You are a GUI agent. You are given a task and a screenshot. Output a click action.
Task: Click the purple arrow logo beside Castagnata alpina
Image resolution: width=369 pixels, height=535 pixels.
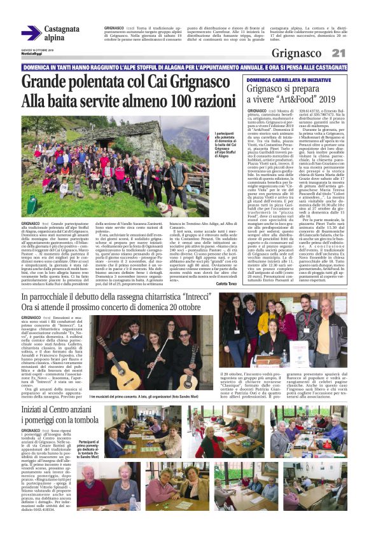tap(31, 33)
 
